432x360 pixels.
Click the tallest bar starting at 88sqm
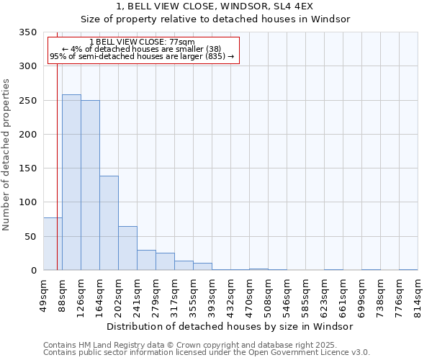pyautogui.click(x=71, y=183)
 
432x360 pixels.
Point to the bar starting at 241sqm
pyautogui.click(x=146, y=260)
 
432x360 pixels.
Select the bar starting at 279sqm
pyautogui.click(x=165, y=261)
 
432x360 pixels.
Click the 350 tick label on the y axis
pyautogui.click(x=28, y=32)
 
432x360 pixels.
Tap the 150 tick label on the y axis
pyautogui.click(x=28, y=168)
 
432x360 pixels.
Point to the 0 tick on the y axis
pyautogui.click(x=33, y=271)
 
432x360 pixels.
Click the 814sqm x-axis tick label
pyautogui.click(x=418, y=295)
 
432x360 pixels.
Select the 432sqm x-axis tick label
pyautogui.click(x=231, y=295)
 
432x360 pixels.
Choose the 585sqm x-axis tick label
pyautogui.click(x=306, y=295)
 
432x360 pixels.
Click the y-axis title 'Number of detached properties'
pyautogui.click(x=7, y=155)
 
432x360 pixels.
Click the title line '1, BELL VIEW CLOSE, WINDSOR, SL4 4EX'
pyautogui.click(x=215, y=6)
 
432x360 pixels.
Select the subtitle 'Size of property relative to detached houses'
pyautogui.click(x=215, y=19)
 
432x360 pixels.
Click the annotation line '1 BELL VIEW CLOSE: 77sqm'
pyautogui.click(x=142, y=42)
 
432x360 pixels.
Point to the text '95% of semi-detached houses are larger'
pyautogui.click(x=142, y=57)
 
